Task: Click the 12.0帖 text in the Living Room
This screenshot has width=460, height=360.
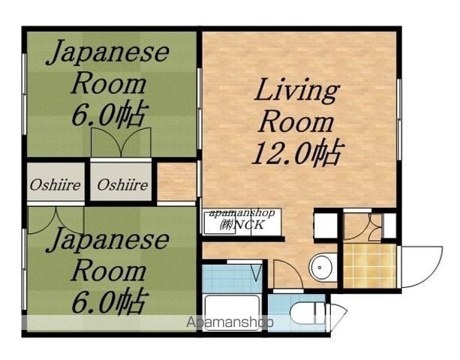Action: pyautogui.click(x=298, y=152)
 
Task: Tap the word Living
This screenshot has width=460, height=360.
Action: pyautogui.click(x=297, y=90)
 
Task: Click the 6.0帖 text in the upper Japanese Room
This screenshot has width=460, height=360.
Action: pyautogui.click(x=109, y=114)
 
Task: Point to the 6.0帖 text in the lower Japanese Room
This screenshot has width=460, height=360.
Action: pyautogui.click(x=109, y=301)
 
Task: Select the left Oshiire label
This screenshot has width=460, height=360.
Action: pyautogui.click(x=55, y=185)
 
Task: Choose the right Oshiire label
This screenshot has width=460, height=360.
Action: pyautogui.click(x=122, y=185)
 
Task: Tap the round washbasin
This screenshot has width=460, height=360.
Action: pyautogui.click(x=322, y=268)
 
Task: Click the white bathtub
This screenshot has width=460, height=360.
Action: pyautogui.click(x=233, y=313)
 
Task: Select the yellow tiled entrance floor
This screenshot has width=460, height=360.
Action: pyautogui.click(x=370, y=266)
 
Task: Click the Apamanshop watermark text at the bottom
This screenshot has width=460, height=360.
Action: pyautogui.click(x=230, y=322)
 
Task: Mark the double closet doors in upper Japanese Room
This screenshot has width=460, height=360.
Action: pyautogui.click(x=121, y=142)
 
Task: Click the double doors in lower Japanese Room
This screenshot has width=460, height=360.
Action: pyautogui.click(x=56, y=220)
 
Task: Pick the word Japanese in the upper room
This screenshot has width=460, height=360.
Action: pyautogui.click(x=108, y=52)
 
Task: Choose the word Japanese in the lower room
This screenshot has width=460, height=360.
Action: pyautogui.click(x=108, y=239)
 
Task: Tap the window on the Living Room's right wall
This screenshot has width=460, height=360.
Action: pyautogui.click(x=399, y=119)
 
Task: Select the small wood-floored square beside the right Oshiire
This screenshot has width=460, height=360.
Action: pyautogui.click(x=176, y=181)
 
